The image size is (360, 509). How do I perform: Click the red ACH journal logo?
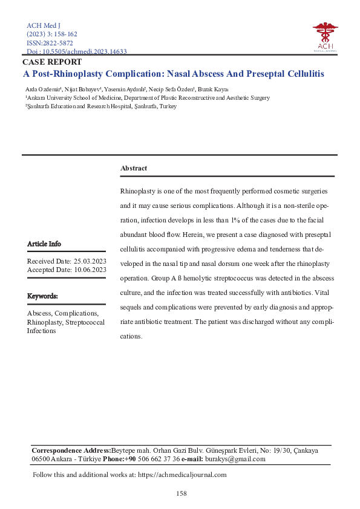pos(325,36)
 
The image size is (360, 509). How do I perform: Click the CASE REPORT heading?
pos(52,62)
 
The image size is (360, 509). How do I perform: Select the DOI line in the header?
pos(77,52)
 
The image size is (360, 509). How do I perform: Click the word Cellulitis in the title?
pos(303,74)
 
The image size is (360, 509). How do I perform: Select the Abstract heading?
pos(133,168)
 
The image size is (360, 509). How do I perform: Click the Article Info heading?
pos(44,244)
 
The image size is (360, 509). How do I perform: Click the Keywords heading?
pos(42,296)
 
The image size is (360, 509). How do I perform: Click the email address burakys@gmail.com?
pos(235,459)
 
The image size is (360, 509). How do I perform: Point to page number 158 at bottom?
pos(180,493)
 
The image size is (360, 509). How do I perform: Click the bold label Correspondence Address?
pos(71,450)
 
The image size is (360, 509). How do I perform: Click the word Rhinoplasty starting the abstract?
pos(138,190)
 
